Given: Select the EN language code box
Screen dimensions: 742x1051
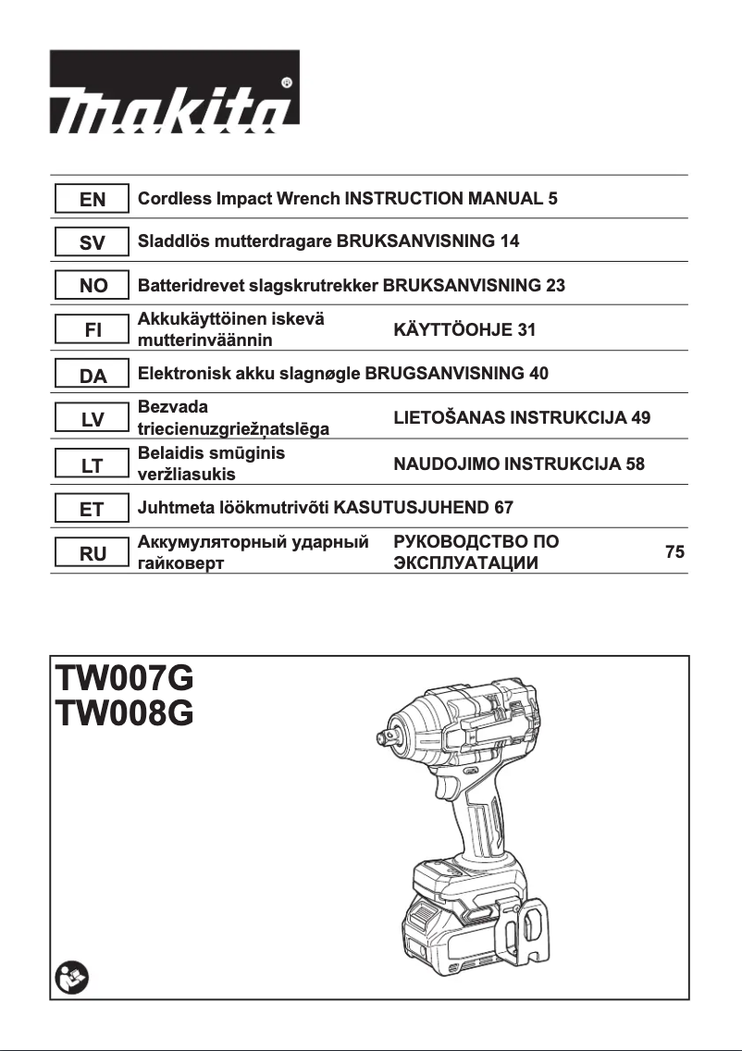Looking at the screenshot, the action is click(93, 198).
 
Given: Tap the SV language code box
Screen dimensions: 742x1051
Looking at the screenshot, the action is click(93, 242).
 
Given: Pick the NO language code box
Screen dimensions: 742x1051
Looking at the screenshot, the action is click(93, 287).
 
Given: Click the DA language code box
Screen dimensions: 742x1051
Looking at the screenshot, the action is click(93, 376).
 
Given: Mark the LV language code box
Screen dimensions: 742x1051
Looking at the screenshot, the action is click(93, 420).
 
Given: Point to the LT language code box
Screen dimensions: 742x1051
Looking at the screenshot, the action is click(93, 465).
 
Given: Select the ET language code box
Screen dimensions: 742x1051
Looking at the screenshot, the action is click(93, 509).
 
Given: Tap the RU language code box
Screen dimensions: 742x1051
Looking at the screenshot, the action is click(93, 554).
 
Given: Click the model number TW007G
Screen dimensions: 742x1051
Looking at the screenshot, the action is click(125, 678).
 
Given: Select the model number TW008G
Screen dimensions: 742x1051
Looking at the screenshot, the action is click(125, 715).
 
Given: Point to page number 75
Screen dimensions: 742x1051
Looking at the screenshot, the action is click(674, 552).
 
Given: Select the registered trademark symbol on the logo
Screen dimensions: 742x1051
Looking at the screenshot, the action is click(286, 82).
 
